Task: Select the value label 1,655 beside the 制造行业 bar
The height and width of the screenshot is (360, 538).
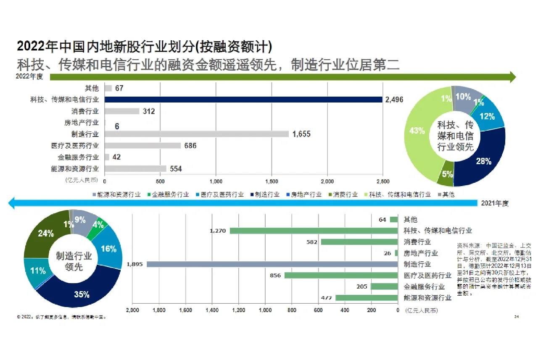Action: (301, 134)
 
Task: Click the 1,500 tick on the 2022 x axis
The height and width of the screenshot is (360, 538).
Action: (272, 181)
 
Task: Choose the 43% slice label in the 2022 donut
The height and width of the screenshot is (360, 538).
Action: (417, 131)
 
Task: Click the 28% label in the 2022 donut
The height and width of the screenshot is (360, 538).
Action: (483, 161)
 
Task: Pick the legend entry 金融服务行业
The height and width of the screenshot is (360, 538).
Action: (168, 195)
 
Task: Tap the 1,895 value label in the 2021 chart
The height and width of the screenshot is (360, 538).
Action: (134, 265)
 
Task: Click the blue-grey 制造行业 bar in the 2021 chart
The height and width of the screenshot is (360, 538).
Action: (272, 265)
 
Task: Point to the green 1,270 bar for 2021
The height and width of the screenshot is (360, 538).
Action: (314, 231)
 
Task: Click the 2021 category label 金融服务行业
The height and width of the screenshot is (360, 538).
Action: (424, 287)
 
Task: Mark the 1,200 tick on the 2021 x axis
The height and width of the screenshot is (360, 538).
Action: (238, 310)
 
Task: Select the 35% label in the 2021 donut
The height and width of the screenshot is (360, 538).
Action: (82, 294)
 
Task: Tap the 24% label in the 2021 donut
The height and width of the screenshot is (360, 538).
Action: (45, 234)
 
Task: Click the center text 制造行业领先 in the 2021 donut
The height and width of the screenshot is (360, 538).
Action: (74, 261)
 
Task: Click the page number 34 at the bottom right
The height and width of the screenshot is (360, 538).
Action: (517, 316)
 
